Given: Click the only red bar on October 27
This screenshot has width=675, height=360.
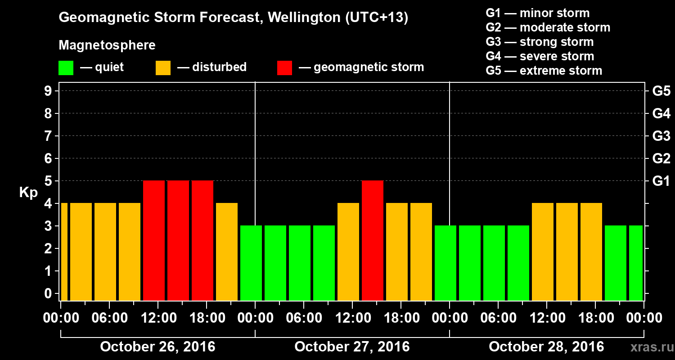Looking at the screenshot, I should click(x=373, y=240).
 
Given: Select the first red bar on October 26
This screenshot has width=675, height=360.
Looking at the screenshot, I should click(x=154, y=240).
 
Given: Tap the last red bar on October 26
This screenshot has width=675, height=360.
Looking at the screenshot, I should click(x=202, y=240).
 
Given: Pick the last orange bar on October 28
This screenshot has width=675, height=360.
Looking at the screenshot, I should click(x=591, y=252).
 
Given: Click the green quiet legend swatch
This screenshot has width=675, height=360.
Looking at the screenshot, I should click(x=66, y=68).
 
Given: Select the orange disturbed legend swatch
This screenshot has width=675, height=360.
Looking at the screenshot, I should click(x=163, y=68).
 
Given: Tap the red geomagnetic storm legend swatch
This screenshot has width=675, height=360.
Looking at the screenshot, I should click(x=284, y=68).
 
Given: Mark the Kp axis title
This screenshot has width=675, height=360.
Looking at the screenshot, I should click(x=28, y=192).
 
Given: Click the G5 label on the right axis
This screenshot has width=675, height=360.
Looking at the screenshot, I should click(x=661, y=91).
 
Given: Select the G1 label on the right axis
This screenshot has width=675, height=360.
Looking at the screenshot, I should click(x=661, y=181).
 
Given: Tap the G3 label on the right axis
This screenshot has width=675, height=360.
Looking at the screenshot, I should click(x=661, y=136).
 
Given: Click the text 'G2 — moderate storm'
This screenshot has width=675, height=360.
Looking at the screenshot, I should click(x=548, y=27).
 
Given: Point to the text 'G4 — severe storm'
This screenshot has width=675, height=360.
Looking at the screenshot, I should click(x=540, y=56).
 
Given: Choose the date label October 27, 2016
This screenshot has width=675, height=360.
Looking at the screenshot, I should click(x=352, y=347).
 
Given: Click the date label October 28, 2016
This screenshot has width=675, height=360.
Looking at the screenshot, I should click(x=546, y=347).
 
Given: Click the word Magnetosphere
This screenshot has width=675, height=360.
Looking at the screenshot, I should click(x=107, y=45).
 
